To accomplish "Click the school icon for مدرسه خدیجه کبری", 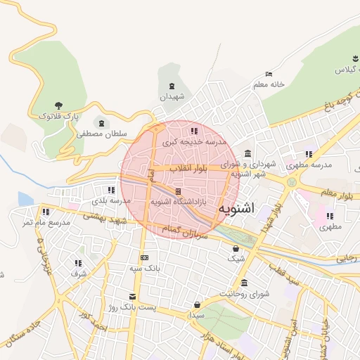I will (193, 130).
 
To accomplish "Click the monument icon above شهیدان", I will (172, 86).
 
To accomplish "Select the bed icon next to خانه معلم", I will (269, 74).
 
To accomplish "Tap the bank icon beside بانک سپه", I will (145, 258).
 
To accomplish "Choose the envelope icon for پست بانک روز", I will (132, 297).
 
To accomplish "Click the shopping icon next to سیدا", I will (197, 304).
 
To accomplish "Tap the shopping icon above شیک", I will (236, 248).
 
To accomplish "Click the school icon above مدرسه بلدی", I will (111, 190).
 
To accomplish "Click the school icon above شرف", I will (78, 263).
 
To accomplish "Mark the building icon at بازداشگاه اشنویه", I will (179, 191).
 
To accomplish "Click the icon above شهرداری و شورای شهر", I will (247, 154).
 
